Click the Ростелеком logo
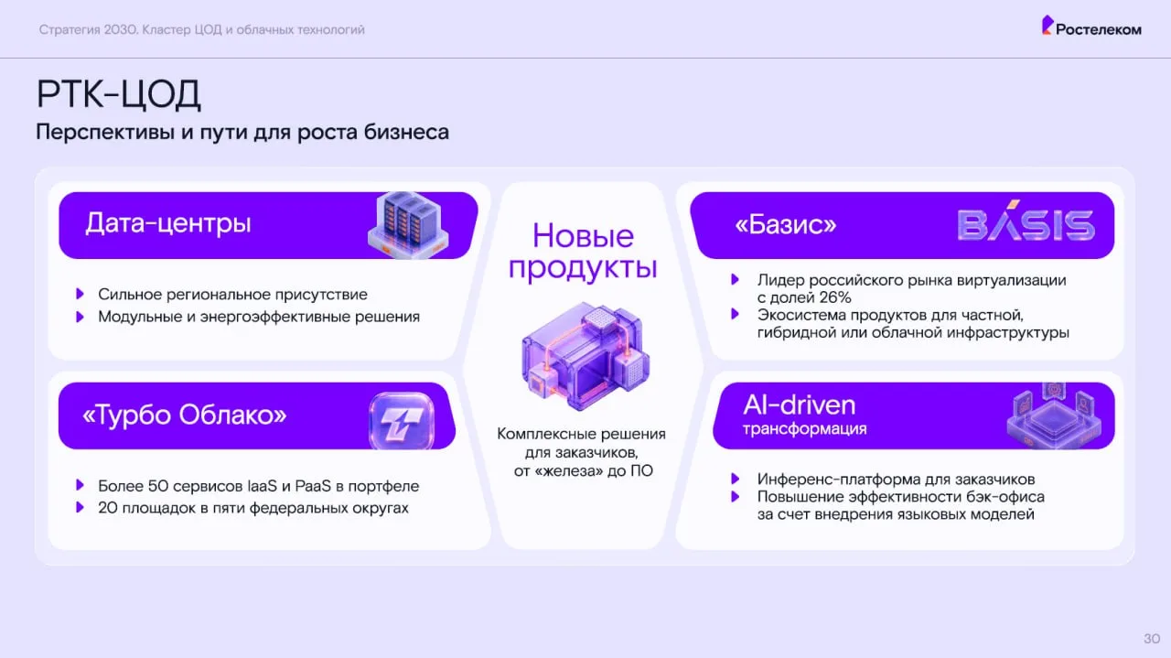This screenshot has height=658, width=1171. coord(1091,27)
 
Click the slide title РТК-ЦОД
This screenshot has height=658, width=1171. coord(119,94)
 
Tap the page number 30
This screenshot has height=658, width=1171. coord(1152,639)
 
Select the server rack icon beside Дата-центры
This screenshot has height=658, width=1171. coord(408,224)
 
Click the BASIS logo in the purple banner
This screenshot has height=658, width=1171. coord(1026,221)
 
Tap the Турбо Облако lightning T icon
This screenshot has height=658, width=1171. coord(402,420)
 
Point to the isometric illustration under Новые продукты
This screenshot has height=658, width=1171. coord(585,356)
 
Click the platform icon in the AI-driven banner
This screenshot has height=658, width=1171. coord(1054,416)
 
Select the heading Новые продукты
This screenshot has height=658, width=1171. coord(583,252)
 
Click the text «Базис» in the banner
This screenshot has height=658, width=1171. coord(786,225)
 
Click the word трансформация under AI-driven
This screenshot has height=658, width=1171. coord(804,429)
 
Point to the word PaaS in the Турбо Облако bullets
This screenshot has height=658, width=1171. coord(313,486)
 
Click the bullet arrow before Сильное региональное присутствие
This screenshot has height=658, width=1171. coord(80,294)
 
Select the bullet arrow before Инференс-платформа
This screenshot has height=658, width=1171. coord(735,479)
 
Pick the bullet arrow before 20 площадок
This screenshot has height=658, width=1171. coord(80,507)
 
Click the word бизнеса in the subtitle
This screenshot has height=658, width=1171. coord(406,132)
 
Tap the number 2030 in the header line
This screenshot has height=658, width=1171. coord(120,30)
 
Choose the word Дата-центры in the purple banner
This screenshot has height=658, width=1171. coord(168,223)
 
